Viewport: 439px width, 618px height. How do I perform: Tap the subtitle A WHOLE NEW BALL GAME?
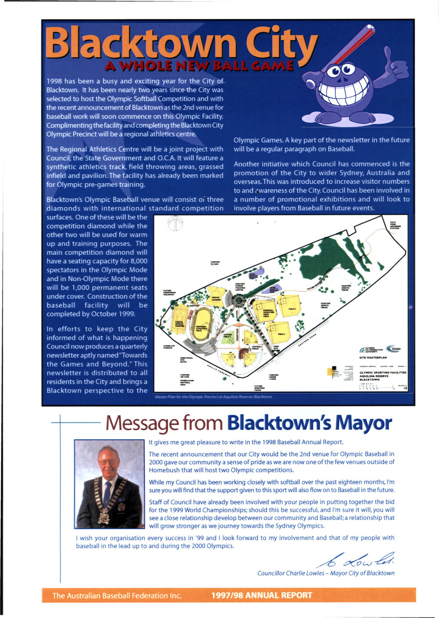(x=199, y=66)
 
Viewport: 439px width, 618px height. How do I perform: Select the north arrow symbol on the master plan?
(x=175, y=223)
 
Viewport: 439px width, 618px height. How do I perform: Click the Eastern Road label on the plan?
(x=307, y=339)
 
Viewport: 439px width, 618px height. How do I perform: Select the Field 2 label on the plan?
(x=292, y=309)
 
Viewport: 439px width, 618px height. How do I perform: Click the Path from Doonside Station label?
(x=395, y=225)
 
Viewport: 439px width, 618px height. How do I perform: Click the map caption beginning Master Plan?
(x=213, y=397)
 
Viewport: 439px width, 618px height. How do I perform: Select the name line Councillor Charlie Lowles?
(x=325, y=573)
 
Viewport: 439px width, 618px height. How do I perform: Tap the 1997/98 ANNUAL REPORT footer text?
(x=261, y=596)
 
